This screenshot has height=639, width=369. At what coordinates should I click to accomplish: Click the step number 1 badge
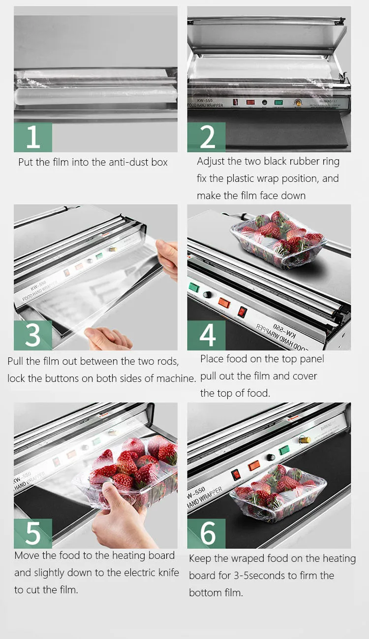pyautogui.click(x=33, y=137)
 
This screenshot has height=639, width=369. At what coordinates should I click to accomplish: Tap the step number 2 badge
pyautogui.click(x=207, y=137)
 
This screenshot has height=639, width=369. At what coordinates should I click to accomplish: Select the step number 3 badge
pyautogui.click(x=33, y=335)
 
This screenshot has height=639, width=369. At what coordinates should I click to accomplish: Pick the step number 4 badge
pyautogui.click(x=207, y=335)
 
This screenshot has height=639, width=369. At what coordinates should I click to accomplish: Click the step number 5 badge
pyautogui.click(x=33, y=533)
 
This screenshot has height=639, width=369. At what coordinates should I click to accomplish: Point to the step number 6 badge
pyautogui.click(x=207, y=533)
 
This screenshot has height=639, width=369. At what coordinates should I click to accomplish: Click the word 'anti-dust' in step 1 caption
pyautogui.click(x=115, y=162)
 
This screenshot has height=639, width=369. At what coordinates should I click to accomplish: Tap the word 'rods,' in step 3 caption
pyautogui.click(x=166, y=361)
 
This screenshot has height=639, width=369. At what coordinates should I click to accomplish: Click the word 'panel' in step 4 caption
pyautogui.click(x=311, y=359)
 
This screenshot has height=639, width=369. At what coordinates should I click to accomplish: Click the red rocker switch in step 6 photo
pyautogui.click(x=237, y=474)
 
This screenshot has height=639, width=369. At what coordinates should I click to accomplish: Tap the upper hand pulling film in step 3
pyautogui.click(x=169, y=258)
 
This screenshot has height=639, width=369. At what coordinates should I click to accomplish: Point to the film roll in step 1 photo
pyautogui.click(x=96, y=94)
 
